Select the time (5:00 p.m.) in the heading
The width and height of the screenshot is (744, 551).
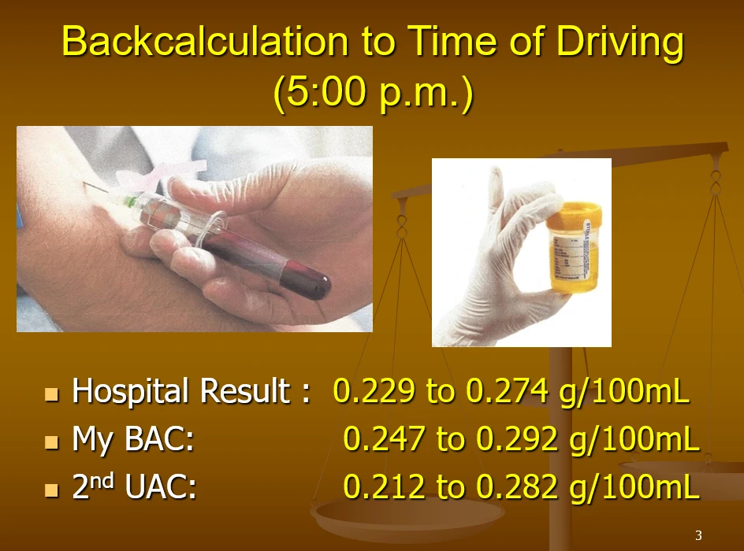click(x=374, y=91)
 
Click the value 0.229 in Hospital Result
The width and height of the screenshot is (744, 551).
click(x=374, y=391)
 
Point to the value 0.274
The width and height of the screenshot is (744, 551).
click(x=507, y=391)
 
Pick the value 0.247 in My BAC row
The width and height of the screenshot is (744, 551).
click(x=384, y=438)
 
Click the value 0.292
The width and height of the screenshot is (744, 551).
click(x=517, y=438)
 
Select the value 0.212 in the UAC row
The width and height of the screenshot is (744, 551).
click(x=384, y=486)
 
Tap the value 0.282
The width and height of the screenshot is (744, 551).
click(x=517, y=486)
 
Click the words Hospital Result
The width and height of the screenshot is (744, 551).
click(x=180, y=391)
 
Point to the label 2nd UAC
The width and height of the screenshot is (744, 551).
click(x=134, y=486)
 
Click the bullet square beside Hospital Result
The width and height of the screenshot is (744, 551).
click(x=51, y=394)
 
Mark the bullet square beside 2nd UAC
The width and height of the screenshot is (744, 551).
click(x=51, y=490)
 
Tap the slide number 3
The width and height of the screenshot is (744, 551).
click(x=698, y=535)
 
